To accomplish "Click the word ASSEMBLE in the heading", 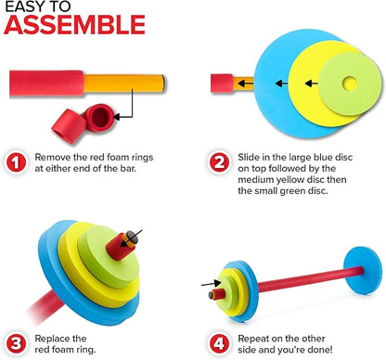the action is coord(74,24).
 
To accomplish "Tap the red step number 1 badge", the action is coord(16,162).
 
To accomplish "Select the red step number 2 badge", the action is coord(219,162).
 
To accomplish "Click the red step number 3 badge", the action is coord(16,343).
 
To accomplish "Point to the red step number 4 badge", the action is coord(219,343).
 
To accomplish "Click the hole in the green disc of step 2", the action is coord(350,84).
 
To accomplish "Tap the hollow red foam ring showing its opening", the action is coord(98,118).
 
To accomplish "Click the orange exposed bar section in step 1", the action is coord(124,83).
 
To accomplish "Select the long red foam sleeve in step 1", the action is coord(46,84).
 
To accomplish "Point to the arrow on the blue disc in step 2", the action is coord(281,84).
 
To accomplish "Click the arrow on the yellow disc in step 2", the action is coord(312,84).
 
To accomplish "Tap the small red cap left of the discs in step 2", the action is coord(222,84).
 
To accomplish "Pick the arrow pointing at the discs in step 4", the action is coord(212,283).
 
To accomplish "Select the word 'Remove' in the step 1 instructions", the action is coord(53,157).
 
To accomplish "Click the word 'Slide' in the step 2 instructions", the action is coord(249,157).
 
